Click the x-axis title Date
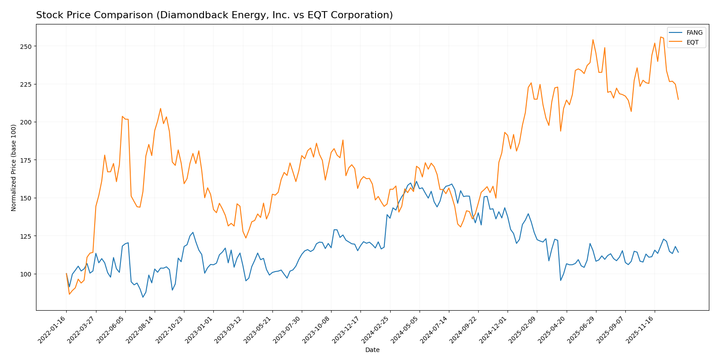372,350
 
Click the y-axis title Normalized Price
14,168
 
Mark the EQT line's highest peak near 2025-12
660,37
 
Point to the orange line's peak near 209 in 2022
160,108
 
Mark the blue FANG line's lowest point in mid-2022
143,297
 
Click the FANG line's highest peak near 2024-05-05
416,181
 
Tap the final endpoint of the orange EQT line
678,99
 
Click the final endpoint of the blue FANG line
678,252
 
